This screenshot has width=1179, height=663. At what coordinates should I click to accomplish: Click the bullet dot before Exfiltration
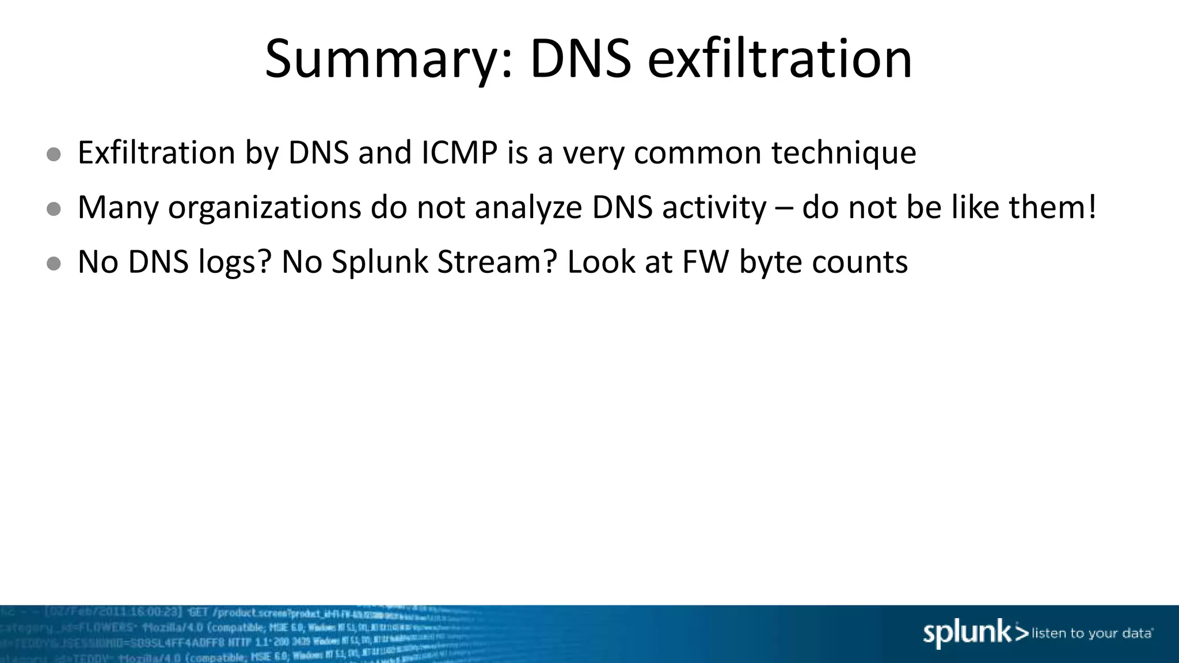(x=54, y=154)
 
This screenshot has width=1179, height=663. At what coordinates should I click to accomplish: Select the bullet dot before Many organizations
(x=54, y=209)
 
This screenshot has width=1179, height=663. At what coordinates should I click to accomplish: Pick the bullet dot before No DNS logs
(x=54, y=264)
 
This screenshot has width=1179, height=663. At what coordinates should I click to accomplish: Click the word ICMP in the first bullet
(x=459, y=153)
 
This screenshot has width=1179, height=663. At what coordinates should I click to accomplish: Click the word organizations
(x=264, y=208)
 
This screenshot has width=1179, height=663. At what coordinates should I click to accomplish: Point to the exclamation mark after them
(x=1092, y=207)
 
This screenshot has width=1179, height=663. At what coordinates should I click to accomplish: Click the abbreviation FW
(x=705, y=262)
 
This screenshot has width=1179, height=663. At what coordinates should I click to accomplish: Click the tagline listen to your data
(x=1091, y=634)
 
